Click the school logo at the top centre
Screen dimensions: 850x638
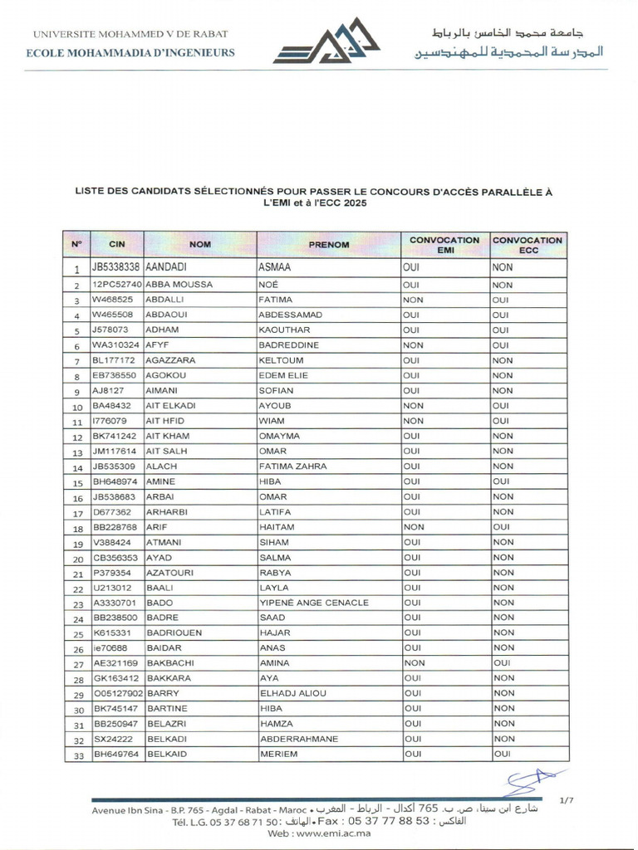[x=326, y=42]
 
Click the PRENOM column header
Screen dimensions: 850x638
[x=329, y=245]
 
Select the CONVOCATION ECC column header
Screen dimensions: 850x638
[x=528, y=245]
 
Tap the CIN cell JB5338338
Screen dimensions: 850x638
[x=116, y=269]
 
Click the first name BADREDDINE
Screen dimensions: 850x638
[x=294, y=345]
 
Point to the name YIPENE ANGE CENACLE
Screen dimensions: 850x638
[x=313, y=603]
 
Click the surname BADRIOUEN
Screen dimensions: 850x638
[x=174, y=633]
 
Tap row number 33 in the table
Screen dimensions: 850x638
[x=76, y=755]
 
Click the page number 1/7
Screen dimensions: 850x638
[x=567, y=800]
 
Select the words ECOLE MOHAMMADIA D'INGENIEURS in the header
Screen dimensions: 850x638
[x=131, y=52]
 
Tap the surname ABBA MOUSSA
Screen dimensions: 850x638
[x=179, y=285]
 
